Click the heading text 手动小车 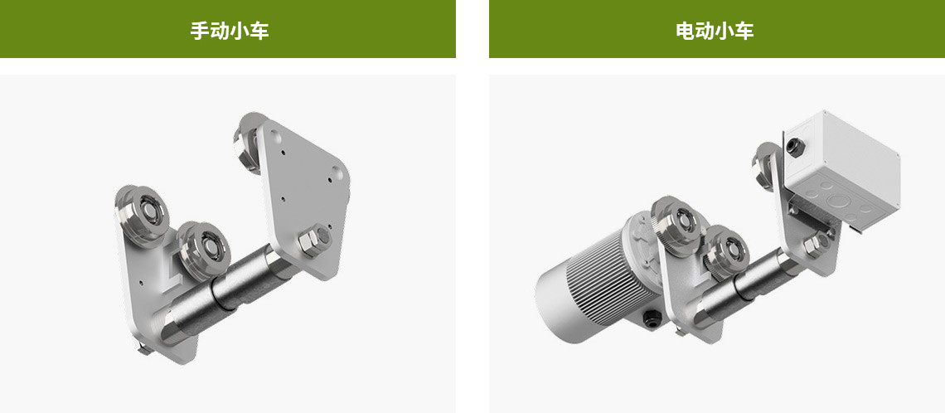coord(230,31)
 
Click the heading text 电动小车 coord(715,31)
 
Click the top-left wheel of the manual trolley coord(143,213)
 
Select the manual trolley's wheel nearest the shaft coord(205,249)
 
